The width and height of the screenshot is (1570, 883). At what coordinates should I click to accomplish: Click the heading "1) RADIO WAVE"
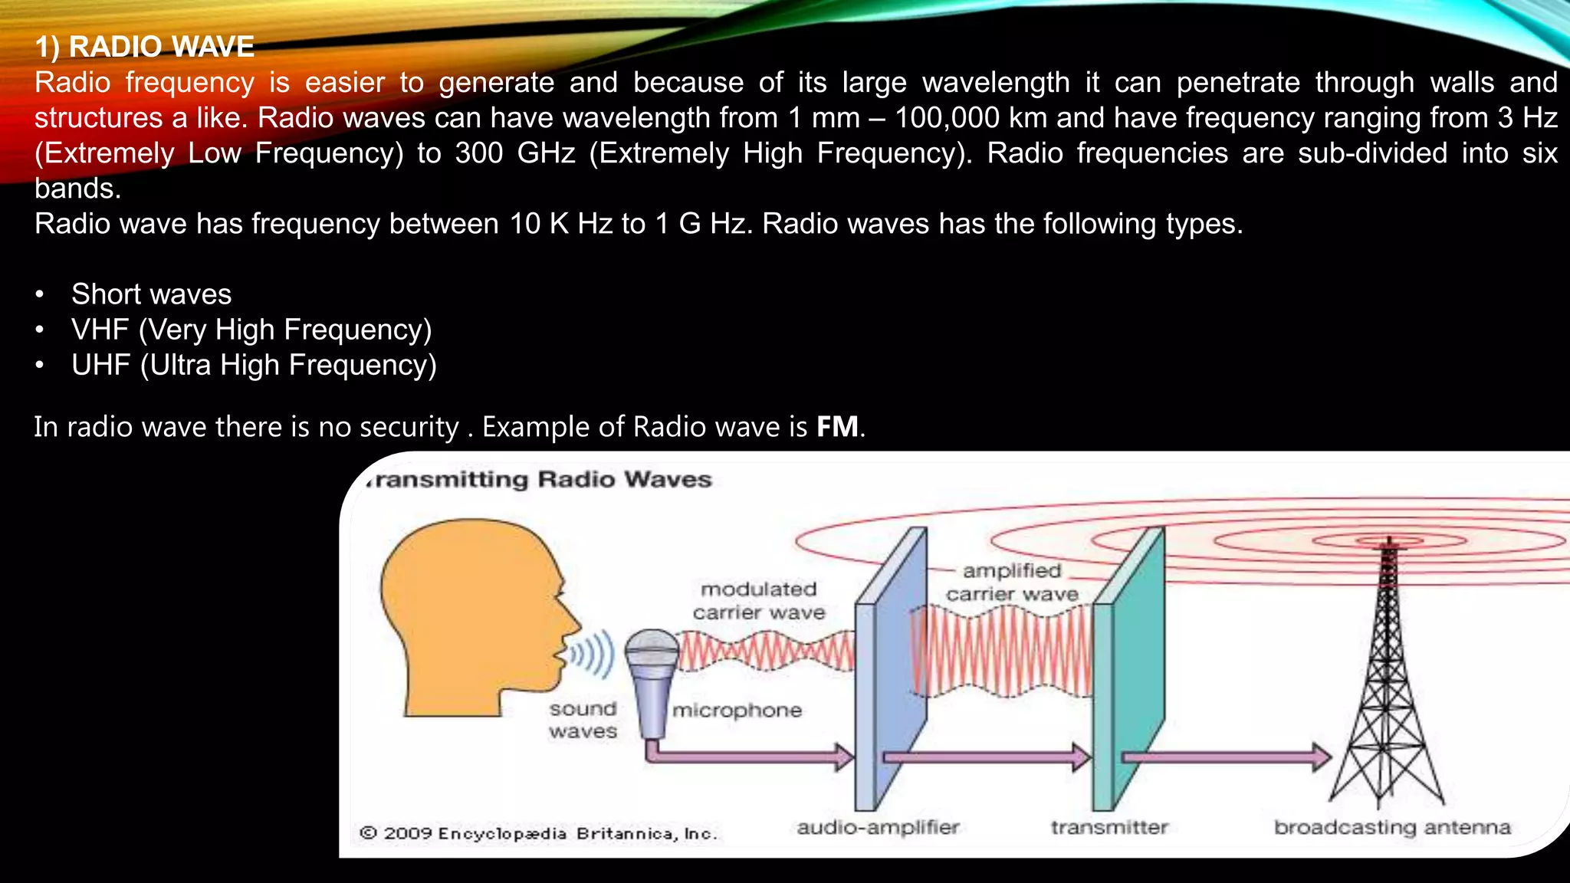pos(144,47)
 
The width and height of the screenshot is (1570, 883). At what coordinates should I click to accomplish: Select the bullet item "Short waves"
pos(151,294)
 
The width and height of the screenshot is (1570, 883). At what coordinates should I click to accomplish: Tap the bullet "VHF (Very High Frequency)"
pos(251,330)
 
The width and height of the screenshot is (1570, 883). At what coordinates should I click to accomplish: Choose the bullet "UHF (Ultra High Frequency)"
pos(254,365)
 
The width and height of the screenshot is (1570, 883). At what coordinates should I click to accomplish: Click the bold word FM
pos(837,427)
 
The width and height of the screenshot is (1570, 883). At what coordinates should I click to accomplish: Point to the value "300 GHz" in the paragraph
pos(514,153)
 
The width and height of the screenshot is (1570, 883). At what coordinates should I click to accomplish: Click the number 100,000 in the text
pos(947,118)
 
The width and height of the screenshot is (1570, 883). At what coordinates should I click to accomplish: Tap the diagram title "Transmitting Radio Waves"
pos(540,480)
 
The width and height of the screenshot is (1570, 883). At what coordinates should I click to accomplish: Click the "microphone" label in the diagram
pos(737,711)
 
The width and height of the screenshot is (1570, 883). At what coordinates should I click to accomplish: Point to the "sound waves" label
pos(583,720)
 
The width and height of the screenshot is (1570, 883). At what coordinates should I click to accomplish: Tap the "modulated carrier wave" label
pos(759,600)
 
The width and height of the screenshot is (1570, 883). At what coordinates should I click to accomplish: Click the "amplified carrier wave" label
pos(1012,582)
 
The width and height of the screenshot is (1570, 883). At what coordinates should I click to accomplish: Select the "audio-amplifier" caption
pos(878,827)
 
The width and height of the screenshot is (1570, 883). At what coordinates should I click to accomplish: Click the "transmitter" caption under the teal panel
pos(1109,827)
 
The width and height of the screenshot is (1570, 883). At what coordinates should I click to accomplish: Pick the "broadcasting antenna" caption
pos(1392,827)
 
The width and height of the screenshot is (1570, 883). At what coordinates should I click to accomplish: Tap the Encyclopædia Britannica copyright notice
pos(538,833)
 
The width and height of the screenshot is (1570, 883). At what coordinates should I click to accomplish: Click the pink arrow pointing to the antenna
pos(1227,757)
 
